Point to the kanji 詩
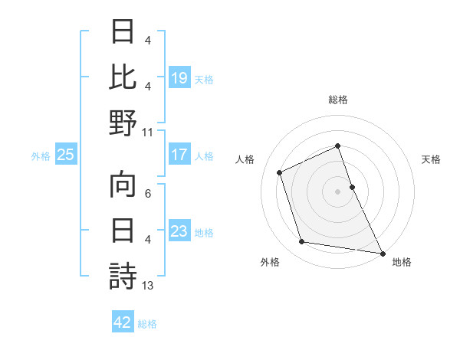pos(123,277)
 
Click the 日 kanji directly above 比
pos(123,31)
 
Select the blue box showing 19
pos(179,77)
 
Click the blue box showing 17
pos(179,155)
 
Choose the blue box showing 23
pos(179,231)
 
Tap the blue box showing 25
pos(66,155)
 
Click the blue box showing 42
pos(123,322)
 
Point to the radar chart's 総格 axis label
pos(337,100)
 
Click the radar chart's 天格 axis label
pos(431,159)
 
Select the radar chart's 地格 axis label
pos(402,262)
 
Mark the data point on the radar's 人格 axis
pos(280,172)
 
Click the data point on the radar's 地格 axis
pos(382,252)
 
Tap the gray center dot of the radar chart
pos(337,191)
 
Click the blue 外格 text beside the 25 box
pos(41,155)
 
